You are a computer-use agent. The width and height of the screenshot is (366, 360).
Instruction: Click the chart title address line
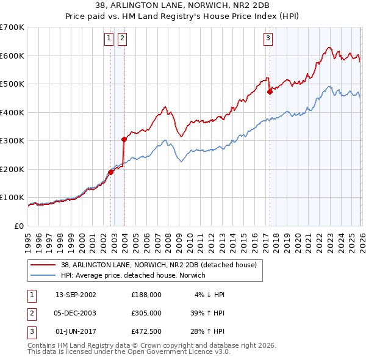tap(182, 6)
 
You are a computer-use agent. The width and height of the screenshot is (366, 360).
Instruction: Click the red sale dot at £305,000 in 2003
tap(124, 139)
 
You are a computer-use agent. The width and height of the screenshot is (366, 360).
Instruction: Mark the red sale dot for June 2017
tap(269, 92)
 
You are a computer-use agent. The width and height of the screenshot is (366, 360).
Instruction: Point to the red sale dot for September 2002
tap(110, 172)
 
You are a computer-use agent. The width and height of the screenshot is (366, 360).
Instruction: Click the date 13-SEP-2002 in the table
tap(76, 294)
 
